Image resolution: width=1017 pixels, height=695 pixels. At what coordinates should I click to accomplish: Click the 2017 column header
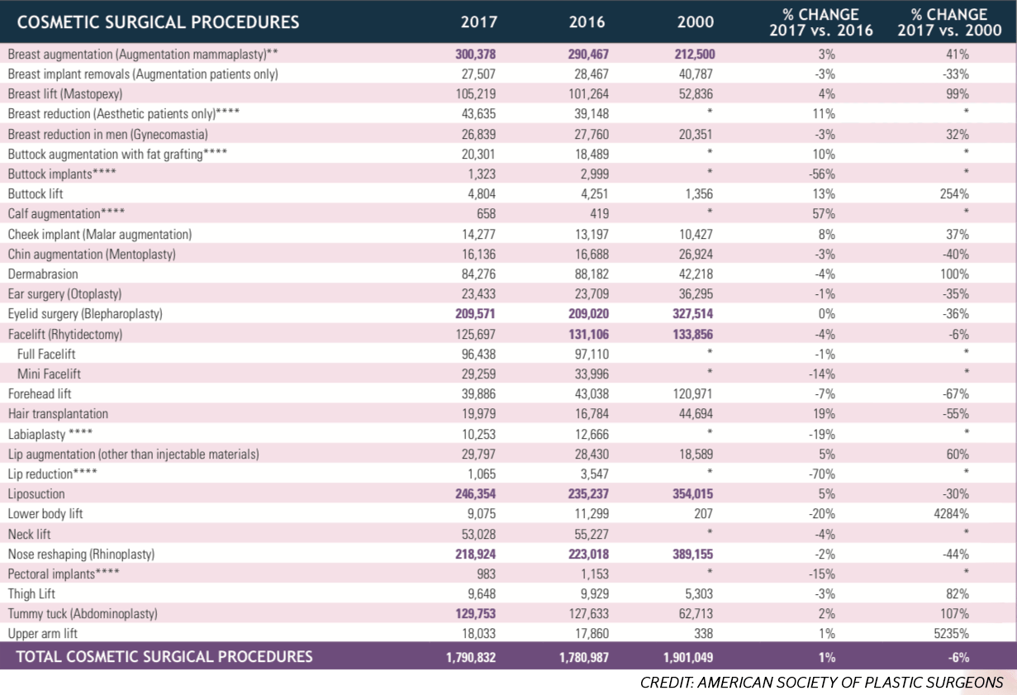coord(479,21)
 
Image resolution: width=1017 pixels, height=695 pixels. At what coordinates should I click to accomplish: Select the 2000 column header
coord(695,21)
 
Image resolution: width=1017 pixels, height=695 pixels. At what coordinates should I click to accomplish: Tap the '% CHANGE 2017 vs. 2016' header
coord(821,22)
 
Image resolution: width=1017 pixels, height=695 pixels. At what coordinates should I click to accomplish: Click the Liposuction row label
coord(36,493)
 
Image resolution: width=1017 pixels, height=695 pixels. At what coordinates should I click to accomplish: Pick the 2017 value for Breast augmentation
coord(475,54)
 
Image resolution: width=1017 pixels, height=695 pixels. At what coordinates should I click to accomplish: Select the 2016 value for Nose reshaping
coord(588,555)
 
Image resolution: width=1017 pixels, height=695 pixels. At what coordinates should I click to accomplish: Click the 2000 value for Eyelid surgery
coord(693,314)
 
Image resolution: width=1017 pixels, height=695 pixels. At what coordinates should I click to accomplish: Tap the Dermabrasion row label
coord(43,274)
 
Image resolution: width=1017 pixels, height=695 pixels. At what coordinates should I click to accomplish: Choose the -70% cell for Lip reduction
coord(822,474)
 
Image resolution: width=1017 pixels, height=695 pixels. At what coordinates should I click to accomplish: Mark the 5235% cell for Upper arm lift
coord(951,633)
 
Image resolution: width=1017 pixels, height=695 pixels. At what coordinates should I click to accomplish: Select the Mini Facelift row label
coord(49,374)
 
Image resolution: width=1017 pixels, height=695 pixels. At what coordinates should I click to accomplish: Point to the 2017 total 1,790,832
coord(471,657)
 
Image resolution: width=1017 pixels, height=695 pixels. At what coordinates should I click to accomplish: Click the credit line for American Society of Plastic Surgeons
coord(821,683)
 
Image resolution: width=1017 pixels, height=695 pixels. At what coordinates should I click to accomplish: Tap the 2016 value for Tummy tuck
coord(589,614)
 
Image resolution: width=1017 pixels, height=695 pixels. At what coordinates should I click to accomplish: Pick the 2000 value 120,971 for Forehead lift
coord(693,394)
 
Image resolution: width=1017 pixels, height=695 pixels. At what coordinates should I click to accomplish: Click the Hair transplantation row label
coord(58,414)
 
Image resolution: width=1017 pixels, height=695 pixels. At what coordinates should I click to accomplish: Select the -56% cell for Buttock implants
coord(822,174)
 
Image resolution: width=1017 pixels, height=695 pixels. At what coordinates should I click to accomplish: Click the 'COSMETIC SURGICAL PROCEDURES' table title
coord(158,22)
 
